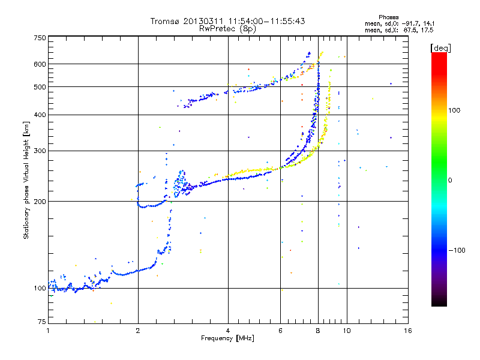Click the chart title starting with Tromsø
pyautogui.click(x=227, y=21)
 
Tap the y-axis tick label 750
pyautogui.click(x=40, y=38)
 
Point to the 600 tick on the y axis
pyautogui.click(x=40, y=64)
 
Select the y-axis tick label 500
pyautogui.click(x=40, y=86)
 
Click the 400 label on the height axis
pyautogui.click(x=40, y=115)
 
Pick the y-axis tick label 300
pyautogui.click(x=40, y=151)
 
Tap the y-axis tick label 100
pyautogui.click(x=40, y=288)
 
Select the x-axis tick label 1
pyautogui.click(x=48, y=331)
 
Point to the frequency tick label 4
pyautogui.click(x=228, y=331)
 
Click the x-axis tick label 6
pyautogui.click(x=281, y=331)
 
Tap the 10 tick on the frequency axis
pyautogui.click(x=347, y=331)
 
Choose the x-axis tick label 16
pyautogui.click(x=408, y=331)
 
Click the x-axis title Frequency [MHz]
pyautogui.click(x=227, y=339)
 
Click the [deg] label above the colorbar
pyautogui.click(x=441, y=47)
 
